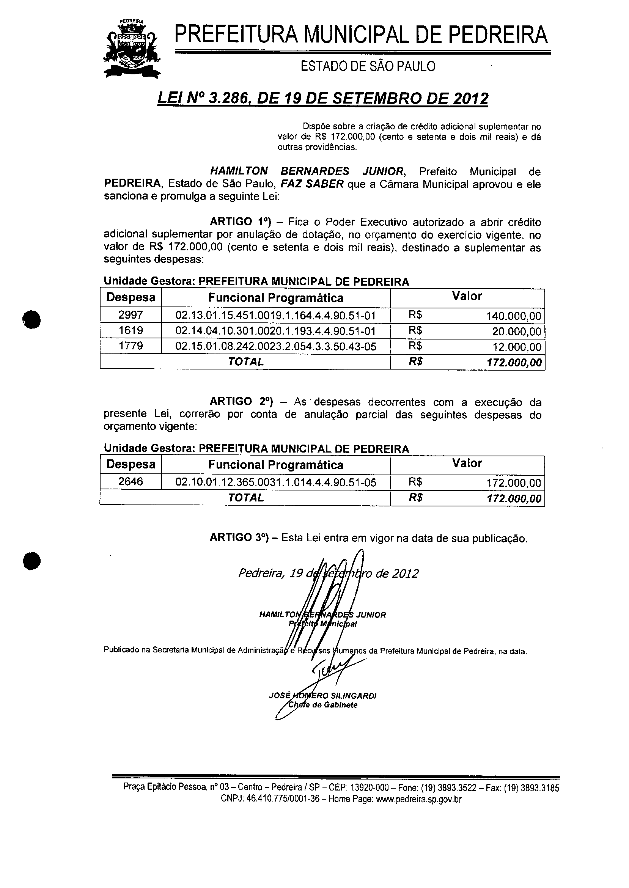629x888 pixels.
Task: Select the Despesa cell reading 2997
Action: (131, 315)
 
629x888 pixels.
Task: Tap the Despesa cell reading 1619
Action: (131, 330)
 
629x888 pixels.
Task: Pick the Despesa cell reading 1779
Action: (131, 346)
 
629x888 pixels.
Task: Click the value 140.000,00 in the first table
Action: (514, 316)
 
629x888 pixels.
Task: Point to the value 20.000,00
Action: (517, 332)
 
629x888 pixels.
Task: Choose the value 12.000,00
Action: (517, 347)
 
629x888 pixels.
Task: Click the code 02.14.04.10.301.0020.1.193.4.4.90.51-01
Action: (275, 331)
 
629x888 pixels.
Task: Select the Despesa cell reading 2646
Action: (131, 481)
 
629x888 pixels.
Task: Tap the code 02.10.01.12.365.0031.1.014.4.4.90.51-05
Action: (275, 483)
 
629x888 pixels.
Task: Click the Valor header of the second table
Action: (467, 463)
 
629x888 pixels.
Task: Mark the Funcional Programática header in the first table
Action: (275, 298)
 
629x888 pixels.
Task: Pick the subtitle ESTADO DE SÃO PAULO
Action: (368, 67)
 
